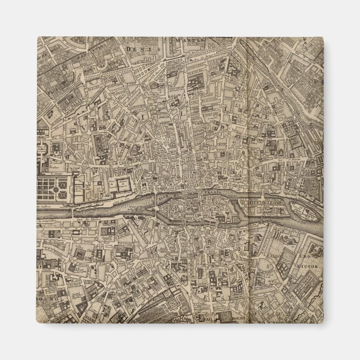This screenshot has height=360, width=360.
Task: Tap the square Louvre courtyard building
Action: pos(122,186)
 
